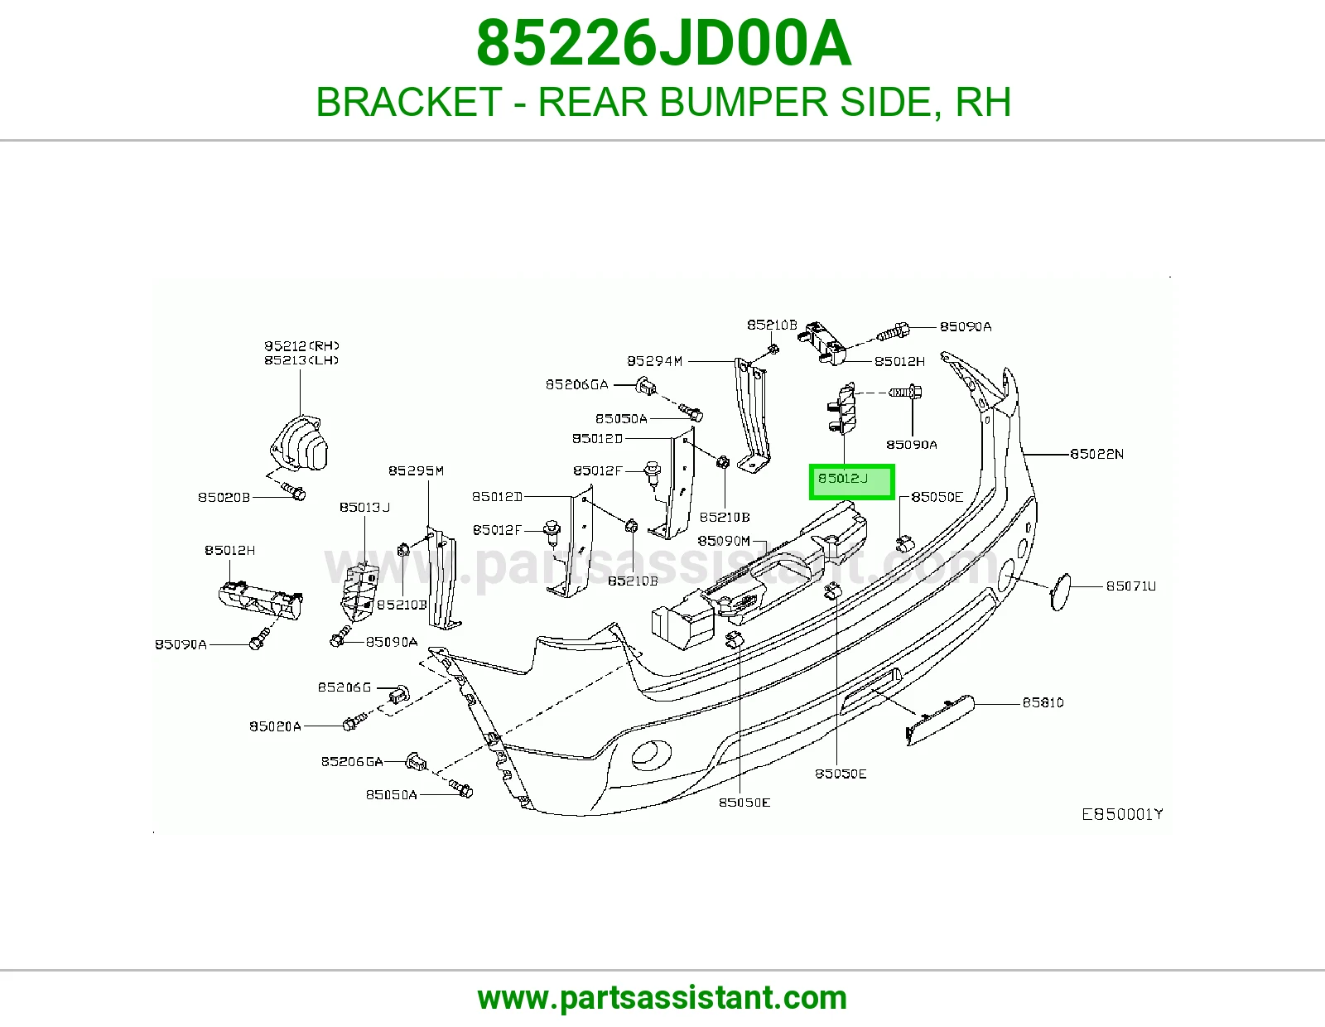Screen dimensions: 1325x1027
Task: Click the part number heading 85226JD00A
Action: click(662, 44)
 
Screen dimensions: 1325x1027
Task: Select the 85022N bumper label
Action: click(1096, 454)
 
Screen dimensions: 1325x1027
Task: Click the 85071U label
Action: click(1130, 586)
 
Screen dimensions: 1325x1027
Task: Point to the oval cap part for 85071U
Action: click(1059, 591)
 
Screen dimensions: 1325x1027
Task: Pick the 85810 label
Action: click(1043, 702)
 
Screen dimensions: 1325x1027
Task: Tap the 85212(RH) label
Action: click(301, 346)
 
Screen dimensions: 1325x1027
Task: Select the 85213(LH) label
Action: click(301, 360)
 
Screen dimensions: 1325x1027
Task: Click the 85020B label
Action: click(224, 497)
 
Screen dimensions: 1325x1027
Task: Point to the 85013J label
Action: click(364, 508)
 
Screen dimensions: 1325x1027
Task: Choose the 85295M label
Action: click(416, 470)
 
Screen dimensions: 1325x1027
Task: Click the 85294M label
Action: click(654, 361)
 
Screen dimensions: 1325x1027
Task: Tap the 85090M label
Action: click(724, 541)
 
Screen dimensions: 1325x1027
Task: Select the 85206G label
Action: click(344, 687)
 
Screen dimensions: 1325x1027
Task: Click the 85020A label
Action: click(275, 726)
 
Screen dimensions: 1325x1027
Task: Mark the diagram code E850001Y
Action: click(1122, 814)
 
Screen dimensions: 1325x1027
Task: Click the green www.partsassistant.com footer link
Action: click(662, 998)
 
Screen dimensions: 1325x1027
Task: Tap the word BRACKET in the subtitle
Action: click(409, 102)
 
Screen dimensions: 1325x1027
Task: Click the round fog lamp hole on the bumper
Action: click(651, 755)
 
